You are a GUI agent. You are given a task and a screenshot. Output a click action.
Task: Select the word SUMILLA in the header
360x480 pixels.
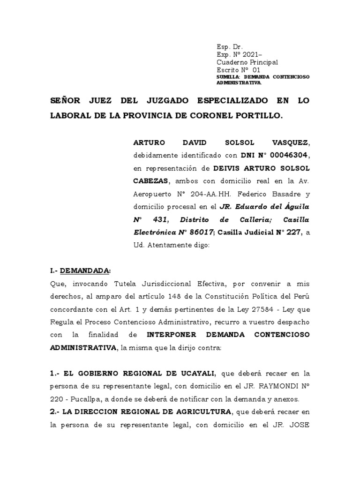228,77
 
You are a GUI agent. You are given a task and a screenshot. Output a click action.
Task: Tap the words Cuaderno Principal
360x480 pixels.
247,62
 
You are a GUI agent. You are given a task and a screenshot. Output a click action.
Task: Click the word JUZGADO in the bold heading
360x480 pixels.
157,101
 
